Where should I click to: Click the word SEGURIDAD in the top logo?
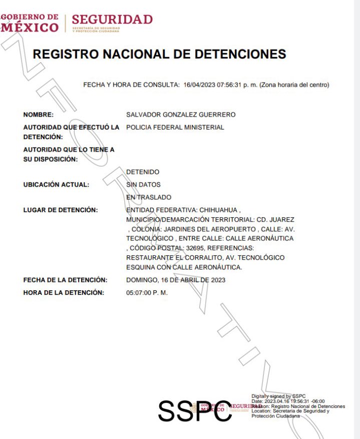click(x=112, y=20)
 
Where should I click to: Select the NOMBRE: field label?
click(x=39, y=115)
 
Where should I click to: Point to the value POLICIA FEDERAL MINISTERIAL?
click(x=175, y=127)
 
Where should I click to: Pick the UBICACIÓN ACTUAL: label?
click(x=56, y=185)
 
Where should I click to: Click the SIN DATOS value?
click(x=143, y=185)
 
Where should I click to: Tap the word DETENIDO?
click(x=143, y=172)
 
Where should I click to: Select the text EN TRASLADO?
click(x=149, y=197)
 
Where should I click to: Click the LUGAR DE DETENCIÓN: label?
click(x=60, y=210)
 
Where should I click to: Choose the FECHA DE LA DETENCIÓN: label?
click(x=65, y=280)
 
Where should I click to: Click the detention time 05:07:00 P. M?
click(x=147, y=292)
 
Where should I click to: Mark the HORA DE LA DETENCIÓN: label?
click(x=64, y=292)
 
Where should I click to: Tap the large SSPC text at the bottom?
click(x=195, y=411)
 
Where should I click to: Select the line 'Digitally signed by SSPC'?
click(x=278, y=396)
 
